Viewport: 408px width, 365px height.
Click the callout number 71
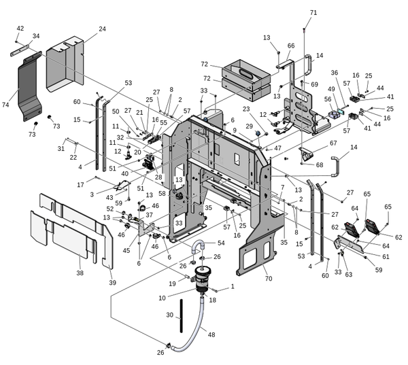click(313, 13)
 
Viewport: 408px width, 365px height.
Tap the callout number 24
click(102, 29)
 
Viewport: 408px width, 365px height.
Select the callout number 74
click(6, 105)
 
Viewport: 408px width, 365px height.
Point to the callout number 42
click(20, 28)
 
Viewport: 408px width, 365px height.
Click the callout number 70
click(267, 279)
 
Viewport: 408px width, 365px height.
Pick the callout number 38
click(80, 273)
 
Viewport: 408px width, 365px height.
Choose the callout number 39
click(113, 282)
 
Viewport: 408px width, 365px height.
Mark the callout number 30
click(171, 315)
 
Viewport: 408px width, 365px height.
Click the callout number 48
click(211, 334)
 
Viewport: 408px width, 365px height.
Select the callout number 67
click(333, 143)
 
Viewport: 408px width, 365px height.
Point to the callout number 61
click(386, 256)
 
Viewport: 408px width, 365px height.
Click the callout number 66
click(290, 46)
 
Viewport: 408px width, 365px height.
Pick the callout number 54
click(220, 243)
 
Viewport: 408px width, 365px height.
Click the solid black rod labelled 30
click(182, 319)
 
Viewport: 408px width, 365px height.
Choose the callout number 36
click(335, 73)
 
